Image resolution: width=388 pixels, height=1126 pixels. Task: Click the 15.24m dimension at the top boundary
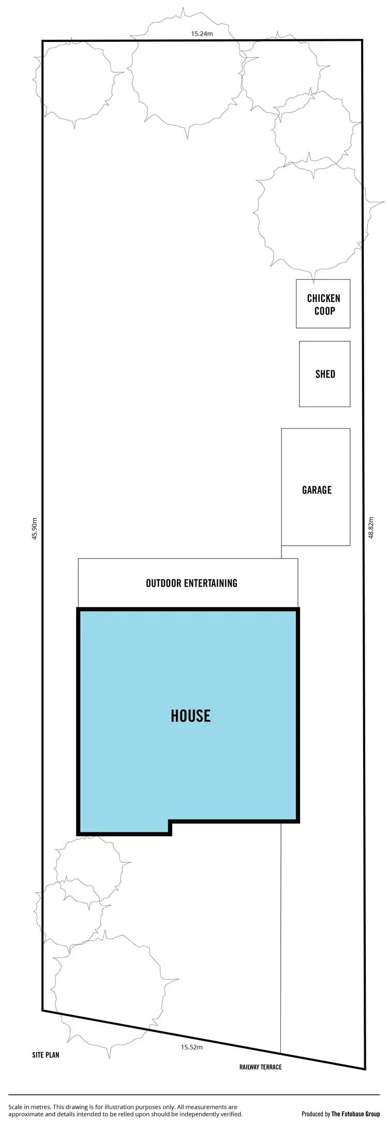click(202, 34)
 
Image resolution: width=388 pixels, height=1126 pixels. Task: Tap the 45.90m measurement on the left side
click(35, 528)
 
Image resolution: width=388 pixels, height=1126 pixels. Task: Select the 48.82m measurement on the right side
click(370, 527)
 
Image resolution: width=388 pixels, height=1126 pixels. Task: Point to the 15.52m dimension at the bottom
click(191, 1047)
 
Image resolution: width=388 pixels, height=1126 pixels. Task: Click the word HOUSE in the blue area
click(191, 716)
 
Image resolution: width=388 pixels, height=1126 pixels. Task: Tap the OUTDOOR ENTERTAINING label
click(191, 583)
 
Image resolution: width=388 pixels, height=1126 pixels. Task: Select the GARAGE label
click(317, 490)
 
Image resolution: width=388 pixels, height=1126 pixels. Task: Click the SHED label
click(325, 374)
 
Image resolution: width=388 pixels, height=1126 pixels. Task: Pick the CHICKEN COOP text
click(324, 305)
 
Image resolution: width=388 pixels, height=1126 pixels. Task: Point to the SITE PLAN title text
click(46, 1055)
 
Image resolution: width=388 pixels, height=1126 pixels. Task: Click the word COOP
click(324, 311)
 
